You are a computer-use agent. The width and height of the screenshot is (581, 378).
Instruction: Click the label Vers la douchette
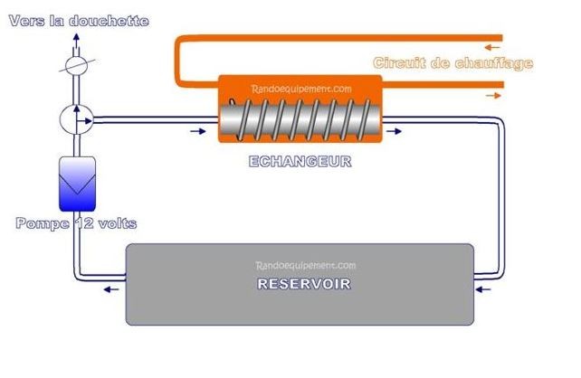(79, 19)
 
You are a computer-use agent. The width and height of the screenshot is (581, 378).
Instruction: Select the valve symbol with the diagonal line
(77, 67)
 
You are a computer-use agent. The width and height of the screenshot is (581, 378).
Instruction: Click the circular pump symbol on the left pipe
(78, 118)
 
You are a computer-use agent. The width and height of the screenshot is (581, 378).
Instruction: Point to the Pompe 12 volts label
(76, 223)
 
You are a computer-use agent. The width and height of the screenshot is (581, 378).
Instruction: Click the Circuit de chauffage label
(452, 63)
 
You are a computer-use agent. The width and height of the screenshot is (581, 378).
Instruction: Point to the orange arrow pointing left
(492, 47)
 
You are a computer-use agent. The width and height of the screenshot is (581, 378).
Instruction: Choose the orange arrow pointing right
(492, 93)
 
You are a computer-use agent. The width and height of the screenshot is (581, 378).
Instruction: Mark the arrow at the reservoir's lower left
(110, 290)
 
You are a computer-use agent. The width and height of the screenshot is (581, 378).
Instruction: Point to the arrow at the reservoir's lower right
(482, 290)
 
